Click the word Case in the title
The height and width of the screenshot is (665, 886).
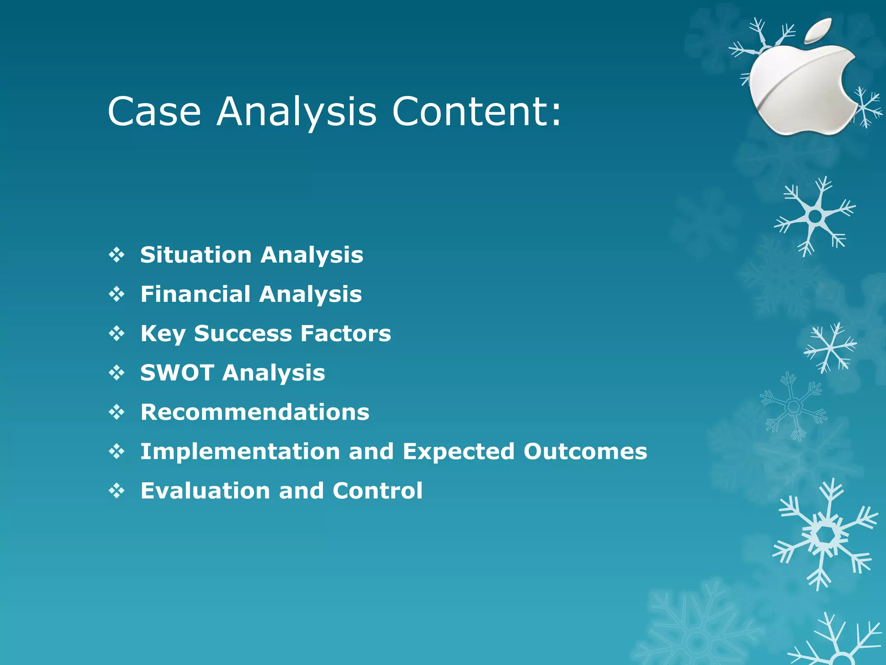154,112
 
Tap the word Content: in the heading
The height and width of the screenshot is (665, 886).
476,112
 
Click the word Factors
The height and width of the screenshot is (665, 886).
346,333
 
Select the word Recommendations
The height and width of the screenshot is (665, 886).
255,412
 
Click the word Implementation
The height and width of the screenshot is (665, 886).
240,452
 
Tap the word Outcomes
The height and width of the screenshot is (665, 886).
585,452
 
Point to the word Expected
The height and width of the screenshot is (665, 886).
459,452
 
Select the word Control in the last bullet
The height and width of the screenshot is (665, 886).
377,491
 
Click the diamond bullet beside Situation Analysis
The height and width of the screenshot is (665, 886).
117,255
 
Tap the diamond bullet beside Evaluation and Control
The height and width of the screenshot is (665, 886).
117,491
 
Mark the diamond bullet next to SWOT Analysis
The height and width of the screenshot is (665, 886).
117,373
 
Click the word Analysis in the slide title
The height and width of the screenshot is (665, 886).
297,112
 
